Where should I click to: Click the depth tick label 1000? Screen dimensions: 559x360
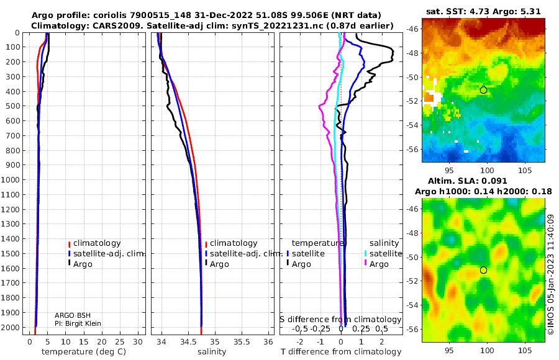10,179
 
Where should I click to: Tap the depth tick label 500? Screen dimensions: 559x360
12,106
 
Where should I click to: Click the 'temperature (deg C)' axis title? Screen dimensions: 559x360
84,352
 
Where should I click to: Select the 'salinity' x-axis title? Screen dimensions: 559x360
212,352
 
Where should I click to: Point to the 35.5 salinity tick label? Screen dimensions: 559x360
242,341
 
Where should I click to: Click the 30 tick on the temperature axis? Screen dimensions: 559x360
138,341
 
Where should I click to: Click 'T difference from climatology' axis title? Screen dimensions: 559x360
341,352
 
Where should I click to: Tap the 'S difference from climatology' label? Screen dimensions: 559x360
341,320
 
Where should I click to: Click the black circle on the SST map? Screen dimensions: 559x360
483,90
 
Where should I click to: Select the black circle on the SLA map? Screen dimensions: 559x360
483,270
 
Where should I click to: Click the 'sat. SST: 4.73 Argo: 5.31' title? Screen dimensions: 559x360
483,11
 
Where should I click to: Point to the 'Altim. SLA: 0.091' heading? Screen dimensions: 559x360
467,181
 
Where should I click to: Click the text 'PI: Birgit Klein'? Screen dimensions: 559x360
78,323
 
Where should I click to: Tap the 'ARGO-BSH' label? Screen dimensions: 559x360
73,315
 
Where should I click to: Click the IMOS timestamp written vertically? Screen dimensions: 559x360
551,274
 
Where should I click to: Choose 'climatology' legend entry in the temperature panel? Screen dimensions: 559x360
94,243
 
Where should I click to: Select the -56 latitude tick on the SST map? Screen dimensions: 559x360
413,150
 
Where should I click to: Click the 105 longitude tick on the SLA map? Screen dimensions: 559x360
525,350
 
